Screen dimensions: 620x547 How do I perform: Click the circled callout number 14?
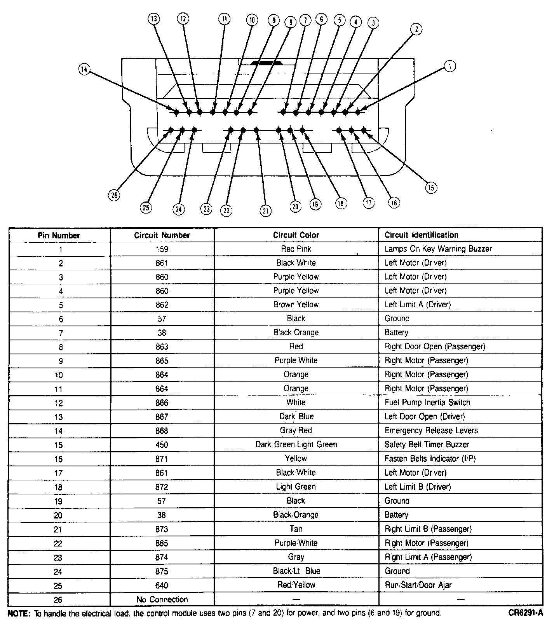pyautogui.click(x=84, y=69)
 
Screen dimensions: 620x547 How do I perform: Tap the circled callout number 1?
pyautogui.click(x=450, y=66)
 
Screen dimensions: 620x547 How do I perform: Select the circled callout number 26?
pyautogui.click(x=114, y=195)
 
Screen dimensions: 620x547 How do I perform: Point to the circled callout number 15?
pyautogui.click(x=431, y=188)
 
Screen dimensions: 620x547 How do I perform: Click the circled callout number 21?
pyautogui.click(x=266, y=211)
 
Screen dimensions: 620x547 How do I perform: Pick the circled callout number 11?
pyautogui.click(x=224, y=19)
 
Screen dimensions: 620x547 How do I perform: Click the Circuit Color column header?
pyautogui.click(x=296, y=235)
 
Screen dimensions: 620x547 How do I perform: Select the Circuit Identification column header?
pyautogui.click(x=421, y=235)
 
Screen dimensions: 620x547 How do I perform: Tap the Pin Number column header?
pyautogui.click(x=59, y=235)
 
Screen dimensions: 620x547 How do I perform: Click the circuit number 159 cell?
pyautogui.click(x=162, y=249)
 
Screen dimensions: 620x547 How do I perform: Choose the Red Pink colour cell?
pyautogui.click(x=296, y=249)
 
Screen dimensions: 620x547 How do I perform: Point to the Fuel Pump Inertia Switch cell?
pyautogui.click(x=427, y=402)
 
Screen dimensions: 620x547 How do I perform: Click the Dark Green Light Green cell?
pyautogui.click(x=296, y=444)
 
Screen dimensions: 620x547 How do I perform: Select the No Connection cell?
pyautogui.click(x=162, y=599)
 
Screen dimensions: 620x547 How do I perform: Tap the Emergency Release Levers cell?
pyautogui.click(x=431, y=430)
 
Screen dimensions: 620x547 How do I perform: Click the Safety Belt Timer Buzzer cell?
pyautogui.click(x=427, y=444)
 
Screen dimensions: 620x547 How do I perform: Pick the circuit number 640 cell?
pyautogui.click(x=162, y=585)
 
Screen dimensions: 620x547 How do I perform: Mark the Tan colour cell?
pyautogui.click(x=296, y=529)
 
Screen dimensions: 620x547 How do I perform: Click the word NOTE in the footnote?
pyautogui.click(x=18, y=613)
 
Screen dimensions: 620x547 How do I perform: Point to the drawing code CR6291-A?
pyautogui.click(x=525, y=613)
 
